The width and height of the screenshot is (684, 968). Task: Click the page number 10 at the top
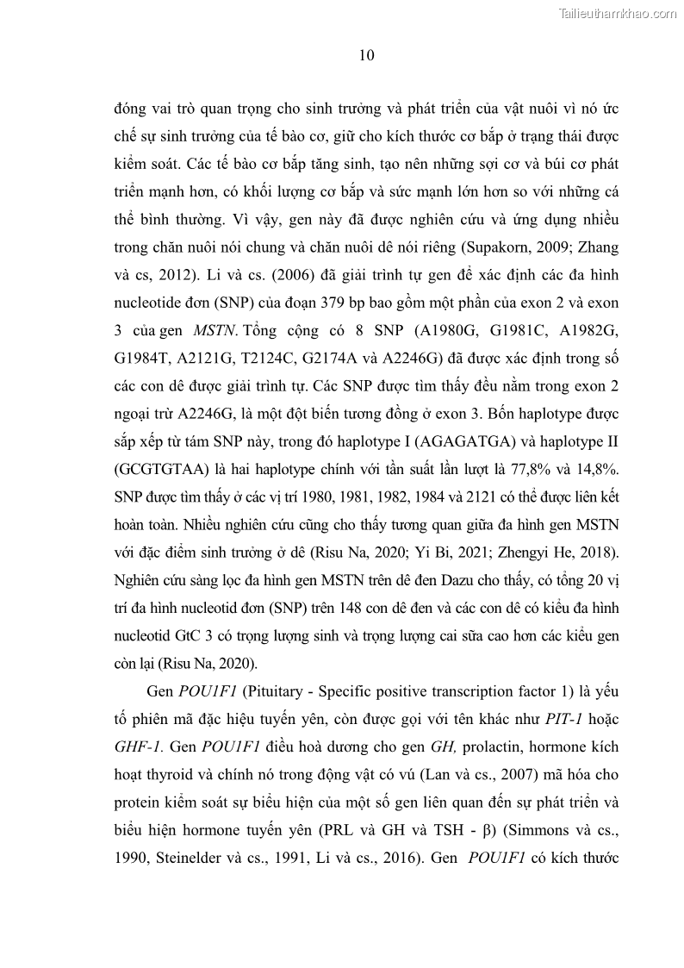366,56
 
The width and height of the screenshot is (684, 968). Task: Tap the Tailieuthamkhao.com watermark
618,13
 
